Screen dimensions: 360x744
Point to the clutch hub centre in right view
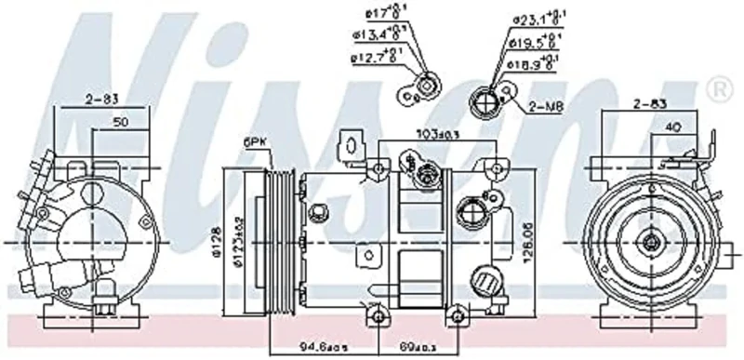click(647, 241)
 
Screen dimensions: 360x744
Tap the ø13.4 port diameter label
click(377, 34)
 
